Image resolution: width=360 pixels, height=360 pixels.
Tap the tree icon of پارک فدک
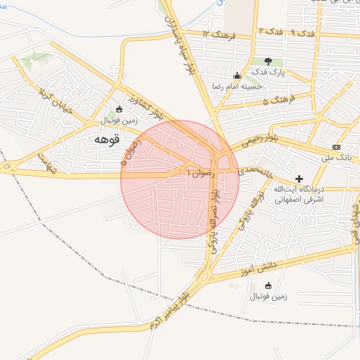[268, 62]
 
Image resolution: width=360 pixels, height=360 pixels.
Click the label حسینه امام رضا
[238, 86]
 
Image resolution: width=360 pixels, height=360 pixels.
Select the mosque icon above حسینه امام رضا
[237, 76]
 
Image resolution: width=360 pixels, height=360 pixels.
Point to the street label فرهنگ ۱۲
[216, 33]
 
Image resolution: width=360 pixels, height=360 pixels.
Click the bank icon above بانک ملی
[336, 147]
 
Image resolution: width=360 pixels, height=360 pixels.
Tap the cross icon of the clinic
[300, 180]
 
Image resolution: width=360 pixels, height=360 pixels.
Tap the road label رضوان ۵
[131, 152]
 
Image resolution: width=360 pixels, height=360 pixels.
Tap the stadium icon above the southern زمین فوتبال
[268, 285]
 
